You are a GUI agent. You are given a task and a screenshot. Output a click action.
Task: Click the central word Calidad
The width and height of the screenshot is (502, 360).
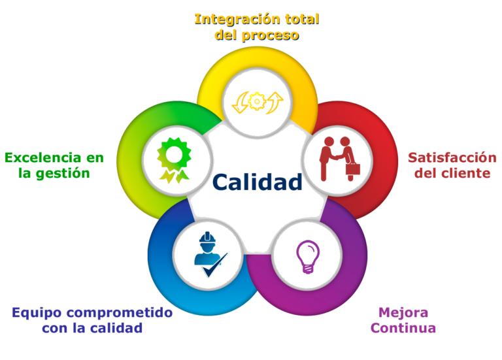tap(258, 182)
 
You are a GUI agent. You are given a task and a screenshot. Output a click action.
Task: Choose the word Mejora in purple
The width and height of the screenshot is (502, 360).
tap(403, 312)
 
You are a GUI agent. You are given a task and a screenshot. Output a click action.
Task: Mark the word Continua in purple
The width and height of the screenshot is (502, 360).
tap(403, 327)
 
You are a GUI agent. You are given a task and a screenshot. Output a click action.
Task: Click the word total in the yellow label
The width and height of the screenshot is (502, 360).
tap(303, 19)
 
